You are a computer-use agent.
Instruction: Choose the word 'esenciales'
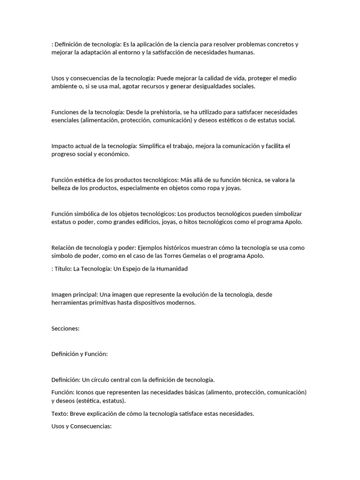(x=65, y=120)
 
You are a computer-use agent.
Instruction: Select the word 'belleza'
(x=62, y=188)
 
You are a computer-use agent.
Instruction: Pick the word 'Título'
(x=64, y=269)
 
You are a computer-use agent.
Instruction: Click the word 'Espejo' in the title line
(x=136, y=269)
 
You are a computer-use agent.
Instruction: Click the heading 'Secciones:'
(x=66, y=329)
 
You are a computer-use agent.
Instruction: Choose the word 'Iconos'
(x=87, y=392)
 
